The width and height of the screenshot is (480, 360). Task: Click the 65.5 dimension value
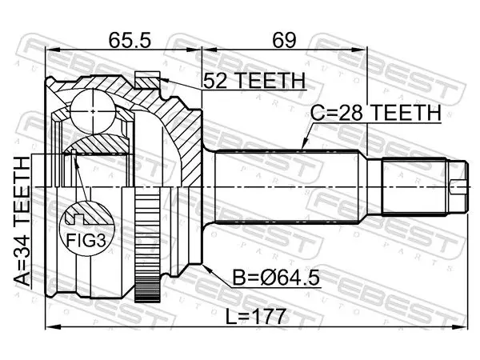(130, 40)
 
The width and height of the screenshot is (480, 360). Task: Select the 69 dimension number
(284, 40)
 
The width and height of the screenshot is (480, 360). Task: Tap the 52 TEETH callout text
(254, 81)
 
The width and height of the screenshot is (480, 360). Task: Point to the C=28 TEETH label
(376, 113)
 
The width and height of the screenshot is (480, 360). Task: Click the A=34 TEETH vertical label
(22, 221)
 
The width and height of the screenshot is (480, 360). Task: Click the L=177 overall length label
(256, 316)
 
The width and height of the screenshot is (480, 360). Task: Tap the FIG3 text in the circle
(86, 240)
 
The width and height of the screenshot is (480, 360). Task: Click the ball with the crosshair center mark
(93, 111)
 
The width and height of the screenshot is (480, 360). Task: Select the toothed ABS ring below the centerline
(147, 245)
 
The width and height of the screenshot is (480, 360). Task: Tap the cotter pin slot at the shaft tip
(459, 186)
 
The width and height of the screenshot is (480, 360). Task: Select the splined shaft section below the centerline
(286, 205)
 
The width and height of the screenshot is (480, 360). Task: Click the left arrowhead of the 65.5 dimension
(51, 50)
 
